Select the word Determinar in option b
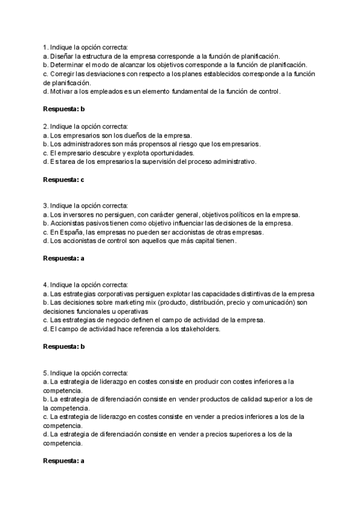pyautogui.click(x=68, y=65)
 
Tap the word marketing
pyautogui.click(x=127, y=303)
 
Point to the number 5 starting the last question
pyautogui.click(x=45, y=373)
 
